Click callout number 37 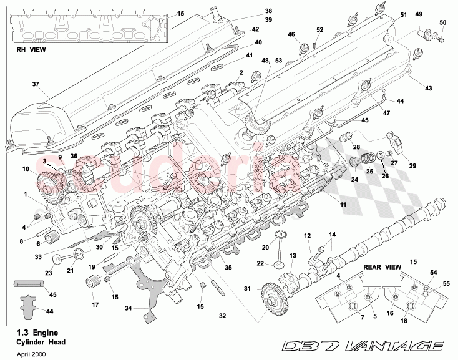tap(36, 84)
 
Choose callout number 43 tap(428, 89)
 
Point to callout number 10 tap(26, 168)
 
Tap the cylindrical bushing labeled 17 tap(95, 286)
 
